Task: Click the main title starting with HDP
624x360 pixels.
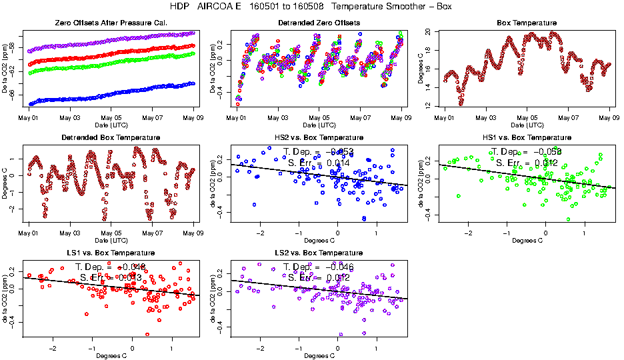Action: click(x=311, y=6)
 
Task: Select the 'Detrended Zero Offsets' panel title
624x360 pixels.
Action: click(x=319, y=23)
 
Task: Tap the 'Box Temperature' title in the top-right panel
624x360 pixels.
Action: click(x=527, y=23)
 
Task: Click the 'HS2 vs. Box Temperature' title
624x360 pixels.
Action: click(x=319, y=137)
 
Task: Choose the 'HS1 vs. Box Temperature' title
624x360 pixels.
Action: click(x=527, y=137)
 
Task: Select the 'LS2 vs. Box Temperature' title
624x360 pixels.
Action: click(x=319, y=253)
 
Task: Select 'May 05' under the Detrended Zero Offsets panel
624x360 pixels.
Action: click(x=319, y=117)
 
